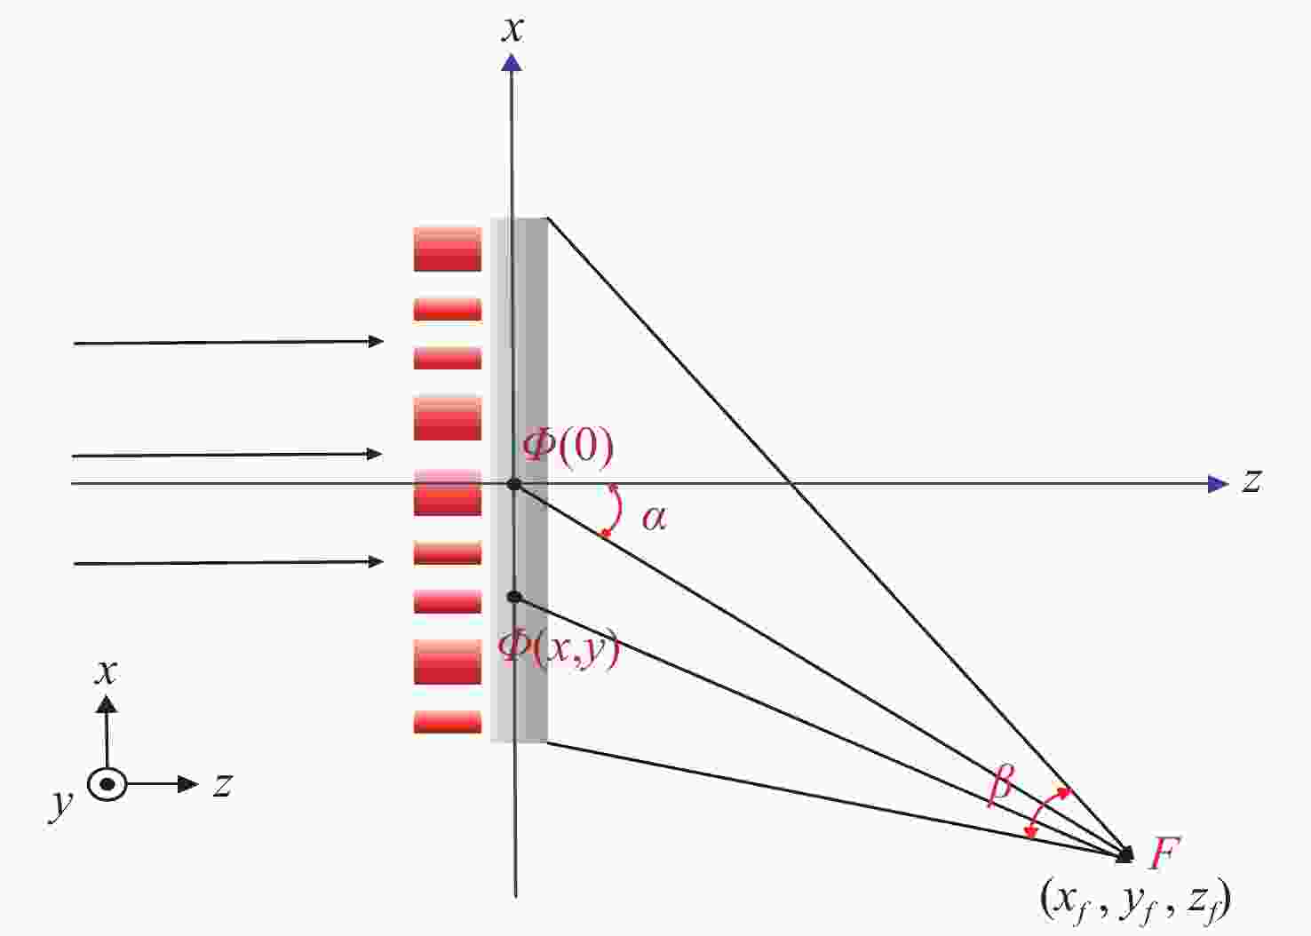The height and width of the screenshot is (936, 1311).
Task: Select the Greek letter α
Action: pyautogui.click(x=654, y=519)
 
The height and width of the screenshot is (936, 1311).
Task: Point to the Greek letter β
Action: pyautogui.click(x=1000, y=785)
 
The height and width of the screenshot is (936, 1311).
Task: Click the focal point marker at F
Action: pyautogui.click(x=1124, y=855)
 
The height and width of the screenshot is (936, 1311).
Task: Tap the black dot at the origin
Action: pyautogui.click(x=514, y=484)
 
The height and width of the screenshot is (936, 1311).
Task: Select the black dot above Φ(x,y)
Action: pyautogui.click(x=514, y=597)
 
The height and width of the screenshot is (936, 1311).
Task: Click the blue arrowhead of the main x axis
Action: pyautogui.click(x=512, y=62)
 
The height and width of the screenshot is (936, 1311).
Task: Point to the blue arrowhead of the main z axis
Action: pyautogui.click(x=1218, y=484)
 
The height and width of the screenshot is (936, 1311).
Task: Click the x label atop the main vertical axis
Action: pyautogui.click(x=512, y=29)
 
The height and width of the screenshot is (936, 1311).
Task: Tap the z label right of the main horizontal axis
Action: pyautogui.click(x=1251, y=480)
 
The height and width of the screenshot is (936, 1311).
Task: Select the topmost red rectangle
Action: pyautogui.click(x=448, y=250)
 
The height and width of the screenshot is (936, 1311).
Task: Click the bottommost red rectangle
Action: pyautogui.click(x=448, y=722)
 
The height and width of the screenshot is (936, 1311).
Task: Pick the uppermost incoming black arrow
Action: pyautogui.click(x=228, y=342)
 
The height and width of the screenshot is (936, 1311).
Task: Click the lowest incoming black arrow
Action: pyautogui.click(x=228, y=563)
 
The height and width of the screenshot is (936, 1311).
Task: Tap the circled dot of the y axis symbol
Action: pyautogui.click(x=107, y=784)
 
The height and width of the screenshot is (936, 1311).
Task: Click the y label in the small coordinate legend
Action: pyautogui.click(x=61, y=805)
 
